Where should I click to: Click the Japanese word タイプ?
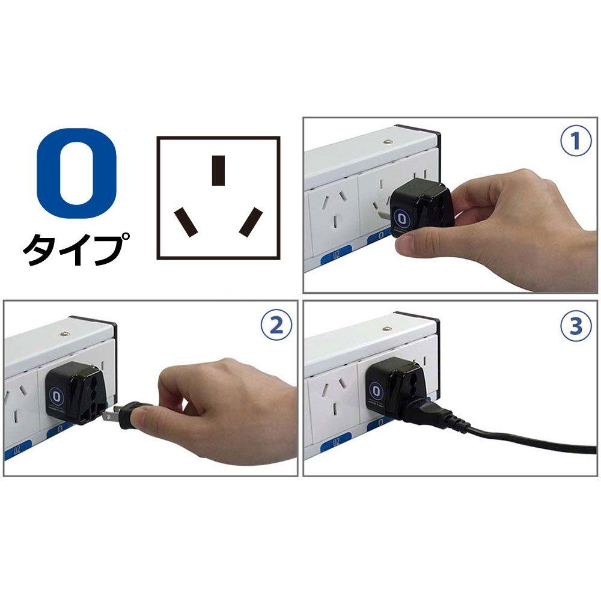click(x=77, y=248)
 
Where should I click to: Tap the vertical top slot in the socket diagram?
click(x=219, y=170)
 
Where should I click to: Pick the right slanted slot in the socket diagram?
click(x=251, y=222)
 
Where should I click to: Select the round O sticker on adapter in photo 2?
click(x=57, y=397)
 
